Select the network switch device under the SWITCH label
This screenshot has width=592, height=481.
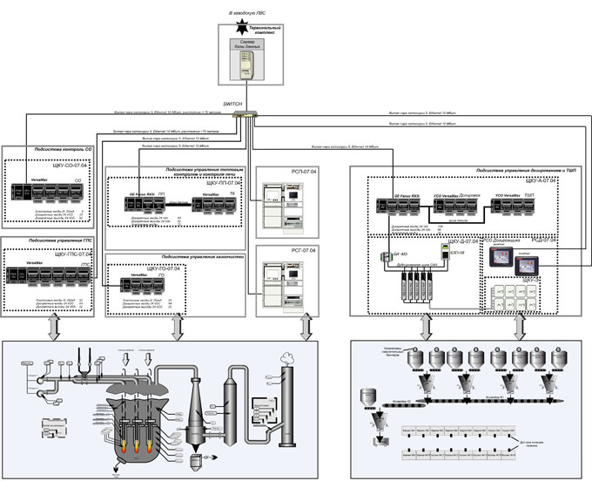click(249, 113)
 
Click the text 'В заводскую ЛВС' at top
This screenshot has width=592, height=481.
click(247, 14)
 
